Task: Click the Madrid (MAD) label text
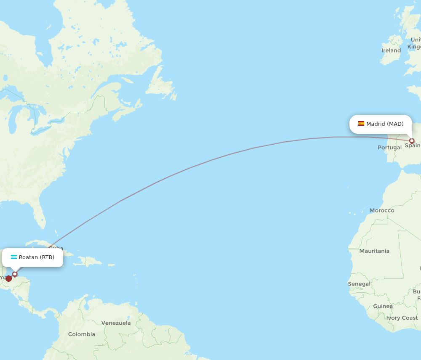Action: (x=385, y=124)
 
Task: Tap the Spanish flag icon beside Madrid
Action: (x=361, y=124)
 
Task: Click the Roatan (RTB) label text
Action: (x=37, y=257)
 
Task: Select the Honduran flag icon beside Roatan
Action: (x=14, y=257)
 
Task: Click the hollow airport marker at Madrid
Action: (x=412, y=141)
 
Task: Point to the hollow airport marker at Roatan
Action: (x=15, y=274)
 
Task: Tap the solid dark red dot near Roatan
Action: (x=8, y=278)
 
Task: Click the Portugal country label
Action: (x=389, y=148)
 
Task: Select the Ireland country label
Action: (x=391, y=50)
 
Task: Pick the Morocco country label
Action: (x=382, y=210)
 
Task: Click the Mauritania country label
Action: (x=374, y=251)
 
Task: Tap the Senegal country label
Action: (x=359, y=284)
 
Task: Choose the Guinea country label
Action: (x=383, y=306)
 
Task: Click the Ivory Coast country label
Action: (x=402, y=318)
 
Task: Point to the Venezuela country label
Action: (x=116, y=323)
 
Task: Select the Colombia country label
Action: (x=82, y=334)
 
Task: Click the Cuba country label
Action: (x=56, y=249)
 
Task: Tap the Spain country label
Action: (x=413, y=146)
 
